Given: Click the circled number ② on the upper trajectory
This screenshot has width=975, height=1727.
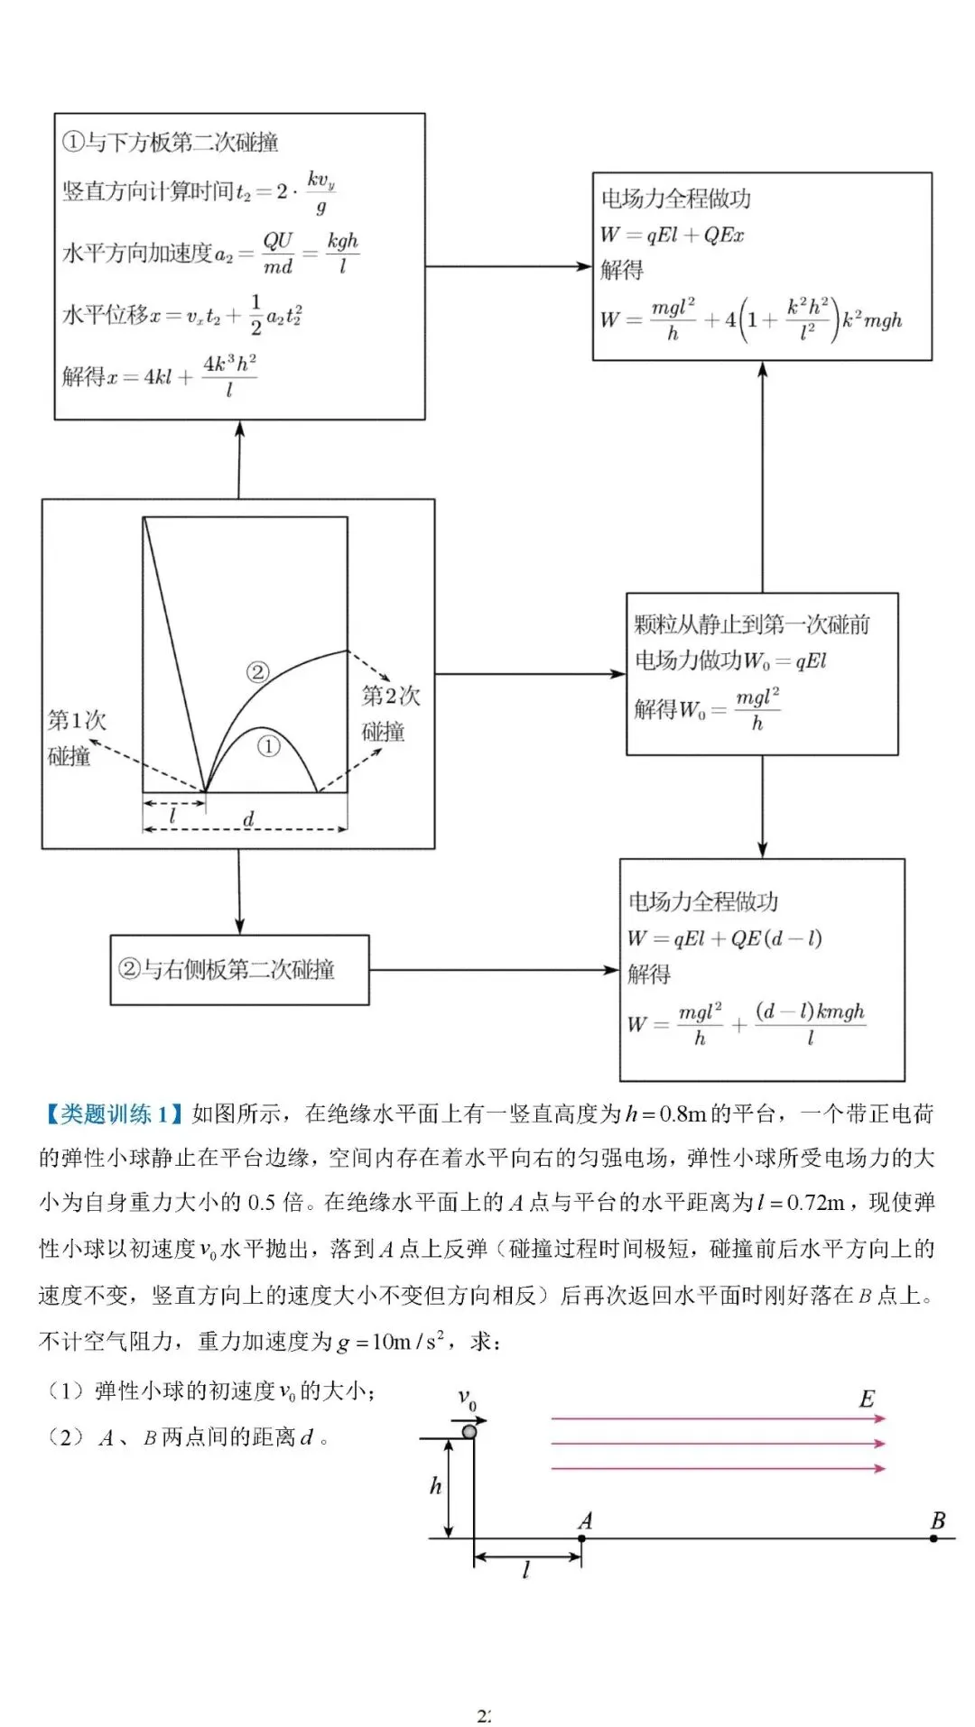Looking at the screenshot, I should click(x=257, y=672).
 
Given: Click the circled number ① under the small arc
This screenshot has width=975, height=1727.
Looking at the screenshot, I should click(x=268, y=747).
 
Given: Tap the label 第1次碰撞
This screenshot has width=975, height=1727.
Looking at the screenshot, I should click(x=76, y=737).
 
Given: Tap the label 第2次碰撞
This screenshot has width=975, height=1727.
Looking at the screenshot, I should click(x=390, y=713).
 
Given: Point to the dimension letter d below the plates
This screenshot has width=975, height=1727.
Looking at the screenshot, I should click(x=248, y=818).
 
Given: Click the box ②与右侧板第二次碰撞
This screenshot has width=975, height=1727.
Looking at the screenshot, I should click(x=239, y=970).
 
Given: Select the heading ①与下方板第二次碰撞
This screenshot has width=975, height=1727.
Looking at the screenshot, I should click(x=170, y=142).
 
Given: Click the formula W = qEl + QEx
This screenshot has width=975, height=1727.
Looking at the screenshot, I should click(x=673, y=235).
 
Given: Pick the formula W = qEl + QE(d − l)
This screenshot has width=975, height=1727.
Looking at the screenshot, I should click(x=724, y=938).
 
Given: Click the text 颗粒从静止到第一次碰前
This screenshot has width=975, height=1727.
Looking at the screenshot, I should click(x=751, y=623).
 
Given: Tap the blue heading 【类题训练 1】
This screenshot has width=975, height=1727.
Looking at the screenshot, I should click(x=112, y=1114).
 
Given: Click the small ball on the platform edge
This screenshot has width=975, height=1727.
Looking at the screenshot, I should click(x=469, y=1432).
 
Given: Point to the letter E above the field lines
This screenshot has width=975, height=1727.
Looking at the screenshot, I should click(x=867, y=1399).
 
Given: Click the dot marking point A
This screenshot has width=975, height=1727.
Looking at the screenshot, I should click(x=581, y=1538).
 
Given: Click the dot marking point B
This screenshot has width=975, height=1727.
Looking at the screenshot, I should click(x=933, y=1538).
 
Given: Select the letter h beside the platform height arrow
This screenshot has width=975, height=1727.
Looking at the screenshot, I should click(x=435, y=1485).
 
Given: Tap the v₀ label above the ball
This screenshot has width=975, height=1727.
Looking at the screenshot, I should click(x=467, y=1400).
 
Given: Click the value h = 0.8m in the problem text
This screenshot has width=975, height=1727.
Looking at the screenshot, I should click(x=665, y=1114).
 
